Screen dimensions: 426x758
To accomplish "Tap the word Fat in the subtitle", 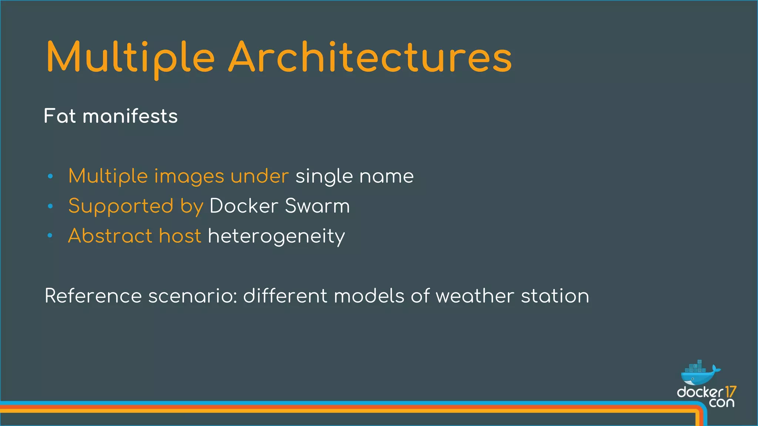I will (60, 116).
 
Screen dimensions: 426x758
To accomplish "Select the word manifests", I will (130, 116).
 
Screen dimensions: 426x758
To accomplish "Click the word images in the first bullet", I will (189, 176).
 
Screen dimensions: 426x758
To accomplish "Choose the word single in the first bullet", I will (324, 176).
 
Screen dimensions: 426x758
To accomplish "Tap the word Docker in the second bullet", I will (244, 206).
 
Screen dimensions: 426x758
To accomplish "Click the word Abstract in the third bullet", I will (110, 236).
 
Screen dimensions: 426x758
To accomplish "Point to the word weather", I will (475, 296).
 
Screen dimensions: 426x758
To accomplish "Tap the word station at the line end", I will (555, 296).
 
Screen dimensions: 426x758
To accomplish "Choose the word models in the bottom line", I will (369, 296).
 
